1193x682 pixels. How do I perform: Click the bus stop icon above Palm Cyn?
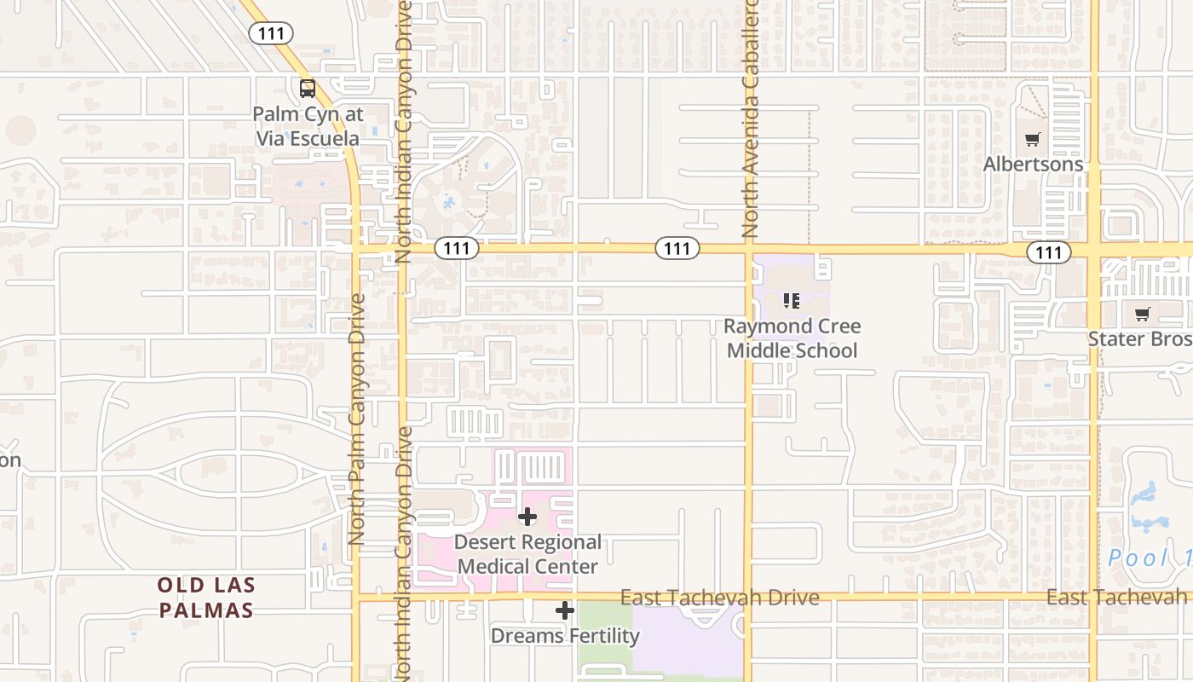click(307, 88)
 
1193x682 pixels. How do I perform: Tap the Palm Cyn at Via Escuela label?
click(308, 126)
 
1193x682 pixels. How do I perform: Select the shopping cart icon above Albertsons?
click(1033, 139)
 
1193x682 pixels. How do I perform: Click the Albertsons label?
click(1033, 164)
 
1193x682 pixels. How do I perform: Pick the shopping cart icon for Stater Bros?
click(1142, 315)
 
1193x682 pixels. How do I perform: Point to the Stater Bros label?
click(1139, 339)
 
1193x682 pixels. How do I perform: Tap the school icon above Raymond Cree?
click(792, 301)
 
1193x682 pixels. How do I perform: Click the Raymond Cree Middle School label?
click(792, 338)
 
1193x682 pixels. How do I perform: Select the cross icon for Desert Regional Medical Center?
click(527, 517)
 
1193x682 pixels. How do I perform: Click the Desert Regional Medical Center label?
click(527, 554)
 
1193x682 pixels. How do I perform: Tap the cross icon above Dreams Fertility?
click(565, 610)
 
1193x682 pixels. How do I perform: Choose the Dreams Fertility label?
click(565, 636)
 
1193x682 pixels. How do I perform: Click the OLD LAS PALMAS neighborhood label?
click(205, 598)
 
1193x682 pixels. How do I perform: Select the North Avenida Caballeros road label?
click(750, 119)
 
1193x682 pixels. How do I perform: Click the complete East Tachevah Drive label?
click(720, 598)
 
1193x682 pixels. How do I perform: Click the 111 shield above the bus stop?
click(271, 33)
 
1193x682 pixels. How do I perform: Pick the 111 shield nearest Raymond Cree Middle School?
click(677, 248)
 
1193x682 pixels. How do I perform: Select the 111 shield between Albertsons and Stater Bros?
click(1048, 251)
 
